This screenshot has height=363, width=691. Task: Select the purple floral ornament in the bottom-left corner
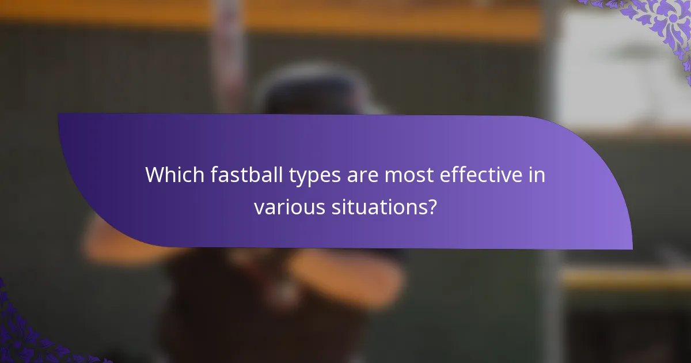tap(23, 334)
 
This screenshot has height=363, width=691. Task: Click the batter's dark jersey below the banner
tap(230, 311)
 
